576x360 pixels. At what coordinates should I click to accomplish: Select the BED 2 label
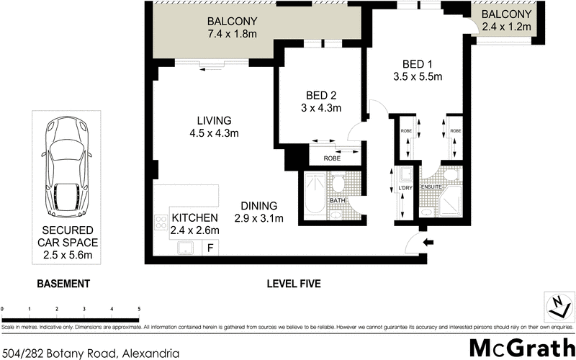322,95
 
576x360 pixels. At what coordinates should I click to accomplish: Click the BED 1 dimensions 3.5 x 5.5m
417,76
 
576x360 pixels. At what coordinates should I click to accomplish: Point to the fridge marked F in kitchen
211,248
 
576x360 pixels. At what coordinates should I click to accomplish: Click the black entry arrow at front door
429,243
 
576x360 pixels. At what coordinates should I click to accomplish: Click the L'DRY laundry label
403,188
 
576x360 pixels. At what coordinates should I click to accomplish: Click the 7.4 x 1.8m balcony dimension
232,33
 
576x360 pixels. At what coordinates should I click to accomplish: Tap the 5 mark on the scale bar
138,308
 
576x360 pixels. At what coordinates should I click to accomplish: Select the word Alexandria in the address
150,353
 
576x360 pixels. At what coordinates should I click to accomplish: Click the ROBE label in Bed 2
332,158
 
